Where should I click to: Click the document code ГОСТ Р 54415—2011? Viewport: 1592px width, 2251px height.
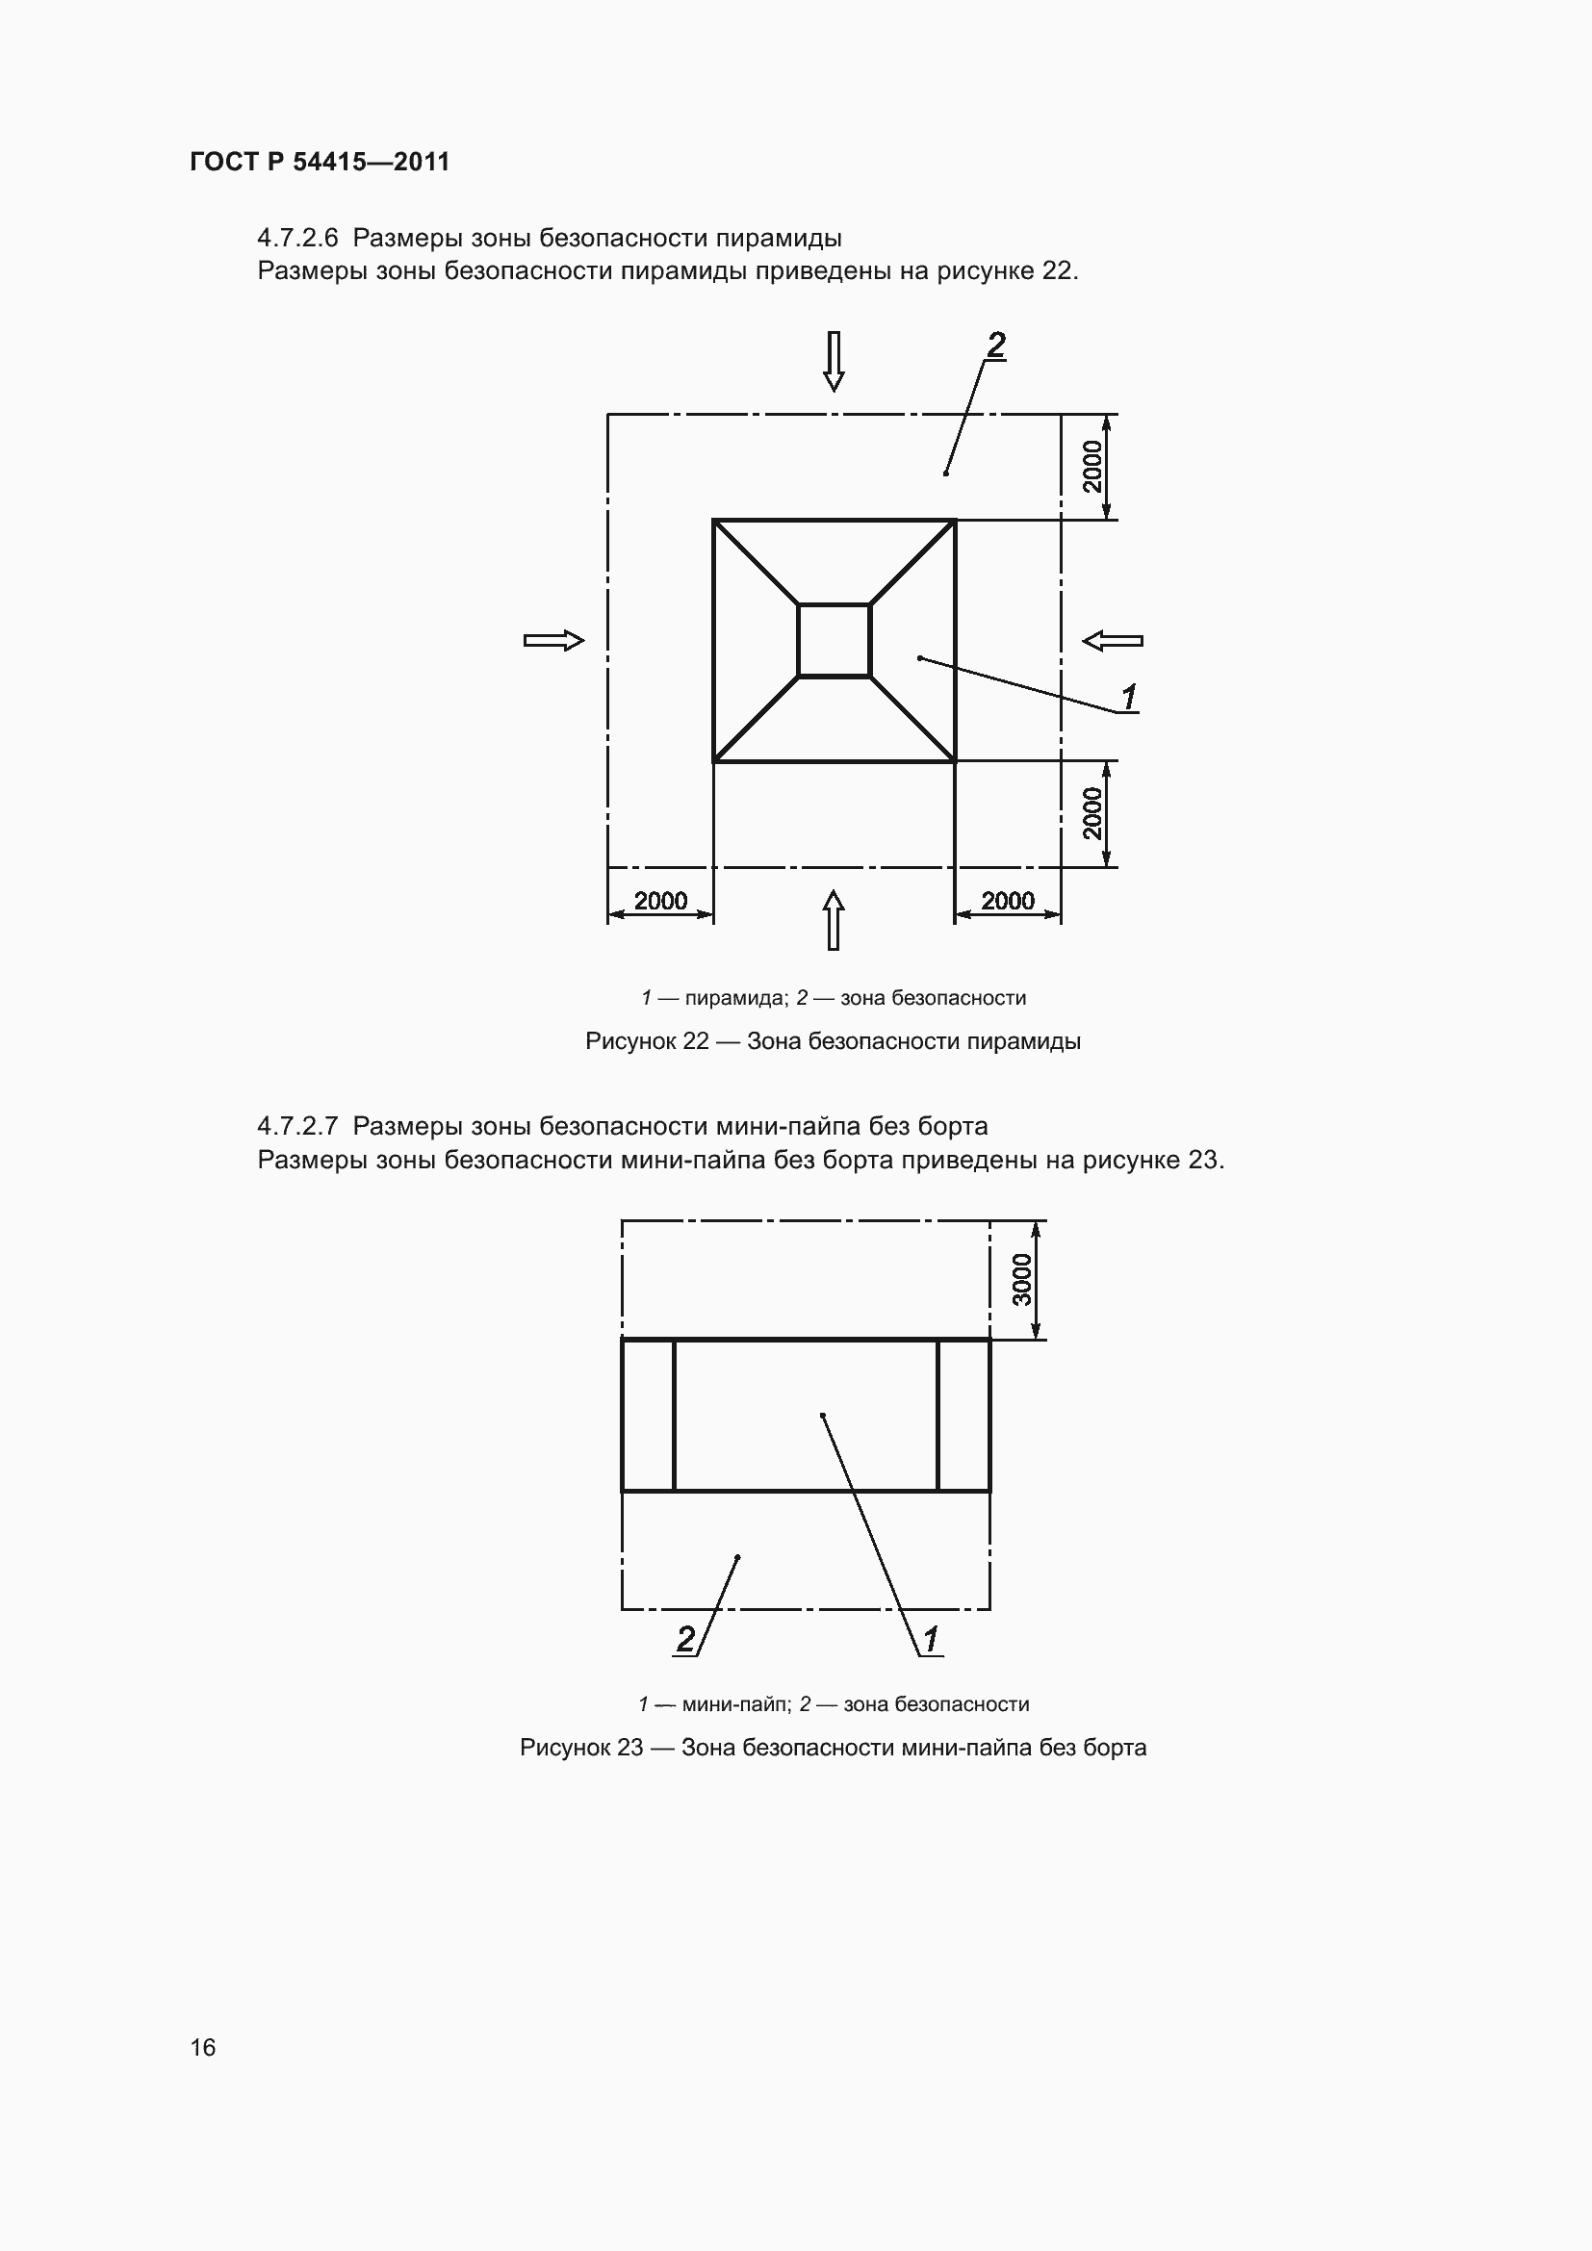pos(320,162)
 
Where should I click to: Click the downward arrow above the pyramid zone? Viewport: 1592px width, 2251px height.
pos(834,361)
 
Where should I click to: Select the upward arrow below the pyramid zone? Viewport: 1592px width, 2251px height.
pos(834,920)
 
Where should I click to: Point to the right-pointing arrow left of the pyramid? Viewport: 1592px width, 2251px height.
pos(553,640)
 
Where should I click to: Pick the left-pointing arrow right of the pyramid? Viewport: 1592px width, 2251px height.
pos(1113,640)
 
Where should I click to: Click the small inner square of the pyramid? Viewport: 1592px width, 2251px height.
pos(835,640)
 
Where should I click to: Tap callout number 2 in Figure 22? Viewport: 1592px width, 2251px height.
pos(996,345)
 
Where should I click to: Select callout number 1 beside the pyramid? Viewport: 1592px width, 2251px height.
pos(1129,697)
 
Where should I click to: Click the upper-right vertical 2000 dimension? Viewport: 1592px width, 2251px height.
pos(1092,467)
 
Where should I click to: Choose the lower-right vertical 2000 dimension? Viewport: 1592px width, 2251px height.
pos(1092,814)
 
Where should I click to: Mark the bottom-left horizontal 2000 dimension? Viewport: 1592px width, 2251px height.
pos(660,900)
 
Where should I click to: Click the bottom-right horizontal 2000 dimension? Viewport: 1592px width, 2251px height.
pos(1008,900)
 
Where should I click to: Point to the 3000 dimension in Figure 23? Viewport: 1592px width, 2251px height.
pos(1022,1279)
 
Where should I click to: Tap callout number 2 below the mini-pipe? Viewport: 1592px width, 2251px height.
pos(686,1638)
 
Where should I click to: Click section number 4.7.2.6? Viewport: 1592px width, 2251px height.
pos(297,239)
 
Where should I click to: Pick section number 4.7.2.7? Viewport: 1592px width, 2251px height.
pos(297,1126)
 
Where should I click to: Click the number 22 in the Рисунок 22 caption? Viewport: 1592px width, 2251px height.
pos(695,1041)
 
